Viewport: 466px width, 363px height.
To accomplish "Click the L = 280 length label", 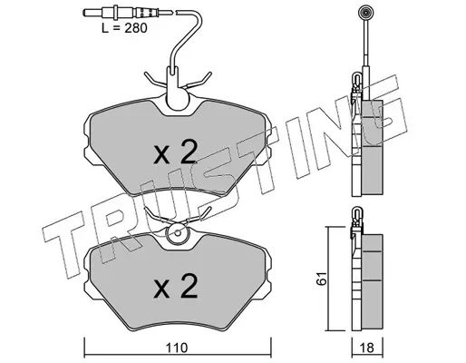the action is pos(124,28).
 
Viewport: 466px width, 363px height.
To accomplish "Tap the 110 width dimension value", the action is pos(177,348).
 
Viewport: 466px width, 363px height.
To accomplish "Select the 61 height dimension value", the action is pos(322,279).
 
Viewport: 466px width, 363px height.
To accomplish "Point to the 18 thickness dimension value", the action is pos(367,348).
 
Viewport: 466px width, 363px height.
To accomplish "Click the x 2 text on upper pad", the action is pos(176,152).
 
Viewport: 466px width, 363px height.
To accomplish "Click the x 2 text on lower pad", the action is pos(176,286).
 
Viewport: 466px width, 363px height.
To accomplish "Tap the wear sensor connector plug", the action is pos(121,13).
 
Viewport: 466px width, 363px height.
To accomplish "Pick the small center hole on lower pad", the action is pos(178,233).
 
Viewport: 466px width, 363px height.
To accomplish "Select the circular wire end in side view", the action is pos(364,13).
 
